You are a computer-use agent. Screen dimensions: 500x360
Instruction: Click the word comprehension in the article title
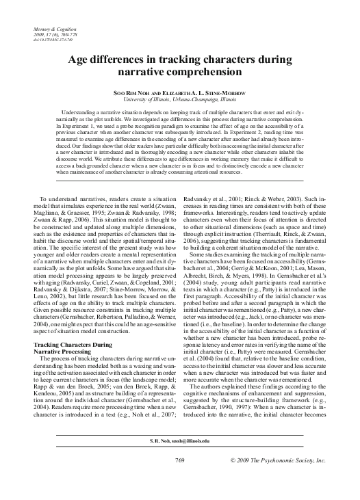206,70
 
